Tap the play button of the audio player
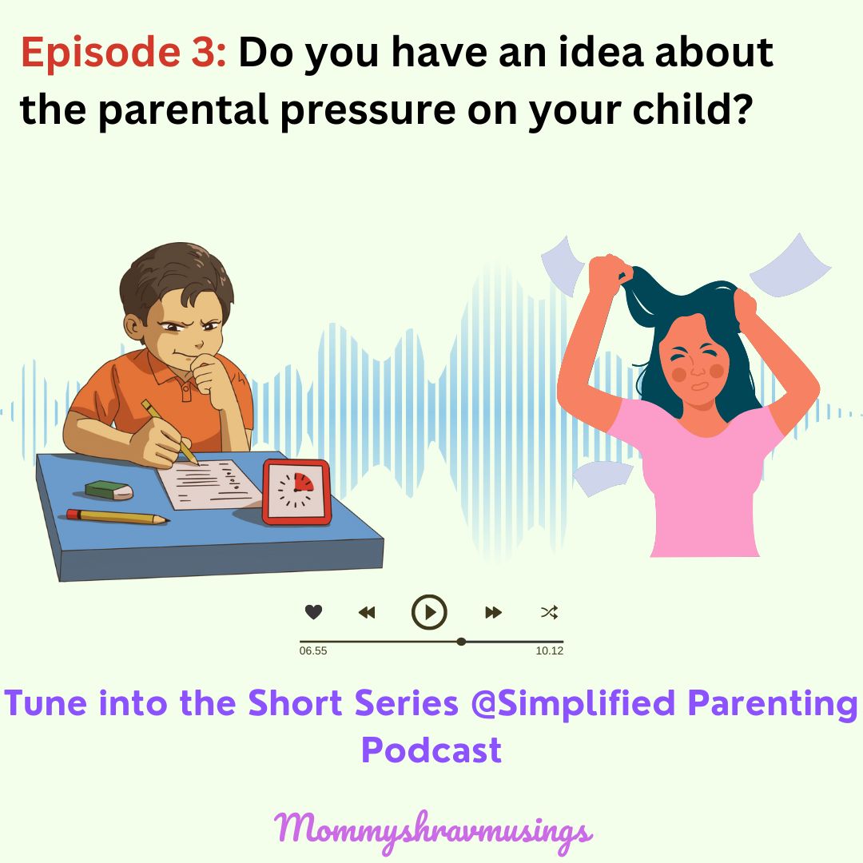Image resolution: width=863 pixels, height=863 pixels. tap(429, 613)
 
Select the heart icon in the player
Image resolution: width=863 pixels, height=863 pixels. tap(313, 613)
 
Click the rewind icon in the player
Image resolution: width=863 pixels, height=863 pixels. tap(367, 613)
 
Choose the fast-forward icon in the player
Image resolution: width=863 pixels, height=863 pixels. tap(493, 613)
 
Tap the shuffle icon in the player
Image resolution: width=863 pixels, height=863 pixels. tap(549, 613)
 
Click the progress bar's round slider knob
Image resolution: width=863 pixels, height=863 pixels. tap(461, 641)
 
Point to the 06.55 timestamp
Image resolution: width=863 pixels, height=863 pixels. tap(313, 651)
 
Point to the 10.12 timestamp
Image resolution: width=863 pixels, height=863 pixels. tap(549, 651)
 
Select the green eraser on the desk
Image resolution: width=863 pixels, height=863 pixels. tap(109, 489)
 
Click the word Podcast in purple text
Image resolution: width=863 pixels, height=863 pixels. tap(431, 750)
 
